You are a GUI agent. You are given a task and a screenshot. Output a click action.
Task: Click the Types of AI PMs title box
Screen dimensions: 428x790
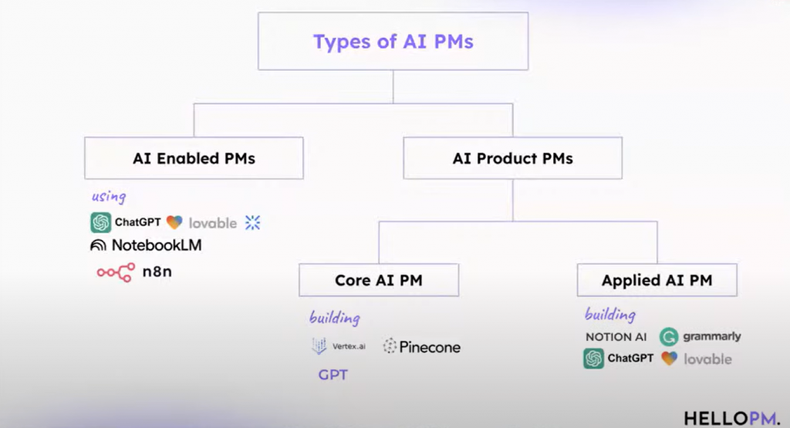tap(393, 42)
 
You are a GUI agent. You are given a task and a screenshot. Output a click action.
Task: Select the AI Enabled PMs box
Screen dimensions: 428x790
tap(194, 159)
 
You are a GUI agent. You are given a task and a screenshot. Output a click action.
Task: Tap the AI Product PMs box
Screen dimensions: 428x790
tap(512, 159)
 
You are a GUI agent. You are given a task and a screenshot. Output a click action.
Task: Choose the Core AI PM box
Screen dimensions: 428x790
tap(378, 280)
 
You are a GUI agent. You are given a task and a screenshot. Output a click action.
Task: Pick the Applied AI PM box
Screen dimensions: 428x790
tap(657, 280)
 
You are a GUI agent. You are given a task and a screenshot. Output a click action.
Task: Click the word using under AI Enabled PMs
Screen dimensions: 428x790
tap(109, 196)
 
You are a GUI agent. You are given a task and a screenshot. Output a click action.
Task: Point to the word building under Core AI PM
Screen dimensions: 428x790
tap(334, 318)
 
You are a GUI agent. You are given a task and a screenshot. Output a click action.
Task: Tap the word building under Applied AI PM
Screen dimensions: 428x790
tap(609, 315)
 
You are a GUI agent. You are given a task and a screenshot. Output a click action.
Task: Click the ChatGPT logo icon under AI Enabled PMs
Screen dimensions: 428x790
tap(100, 223)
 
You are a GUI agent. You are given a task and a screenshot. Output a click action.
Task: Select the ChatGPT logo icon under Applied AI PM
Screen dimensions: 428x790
tap(593, 359)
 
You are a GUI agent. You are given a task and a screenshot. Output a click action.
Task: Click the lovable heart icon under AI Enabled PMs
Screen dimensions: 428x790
tap(174, 223)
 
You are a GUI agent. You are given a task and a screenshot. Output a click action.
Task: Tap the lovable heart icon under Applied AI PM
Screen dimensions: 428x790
tap(669, 359)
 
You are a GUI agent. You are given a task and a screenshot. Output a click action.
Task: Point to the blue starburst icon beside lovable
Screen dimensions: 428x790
tap(253, 223)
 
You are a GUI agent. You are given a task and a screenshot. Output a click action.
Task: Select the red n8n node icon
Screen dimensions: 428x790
tap(115, 271)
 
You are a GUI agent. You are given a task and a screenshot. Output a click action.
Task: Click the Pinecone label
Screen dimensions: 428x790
tap(430, 347)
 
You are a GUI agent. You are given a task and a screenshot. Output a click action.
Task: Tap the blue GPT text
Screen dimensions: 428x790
tap(333, 376)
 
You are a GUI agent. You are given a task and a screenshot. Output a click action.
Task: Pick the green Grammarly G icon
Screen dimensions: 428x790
tap(669, 336)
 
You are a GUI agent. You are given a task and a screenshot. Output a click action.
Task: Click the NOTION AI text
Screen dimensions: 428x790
tap(616, 337)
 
